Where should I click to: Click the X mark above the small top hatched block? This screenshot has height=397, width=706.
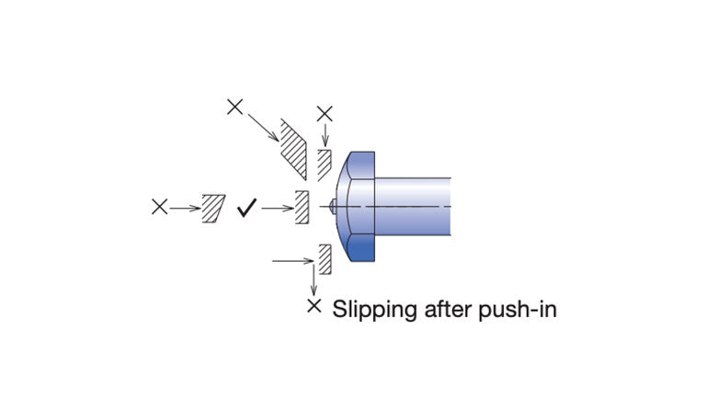click(x=325, y=113)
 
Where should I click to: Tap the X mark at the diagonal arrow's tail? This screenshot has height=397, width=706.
click(x=234, y=107)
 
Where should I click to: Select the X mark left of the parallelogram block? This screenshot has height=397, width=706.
click(x=159, y=208)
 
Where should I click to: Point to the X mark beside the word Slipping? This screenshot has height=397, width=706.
click(x=314, y=306)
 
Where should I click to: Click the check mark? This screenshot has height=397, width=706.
click(x=245, y=208)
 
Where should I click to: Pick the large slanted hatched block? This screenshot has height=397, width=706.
click(x=293, y=148)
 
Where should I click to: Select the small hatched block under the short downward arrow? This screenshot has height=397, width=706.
click(x=324, y=164)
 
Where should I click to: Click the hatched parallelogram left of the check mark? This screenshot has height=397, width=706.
click(x=213, y=208)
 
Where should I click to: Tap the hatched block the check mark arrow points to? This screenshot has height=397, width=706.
click(x=300, y=207)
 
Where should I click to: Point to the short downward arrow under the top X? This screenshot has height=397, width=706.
click(x=325, y=135)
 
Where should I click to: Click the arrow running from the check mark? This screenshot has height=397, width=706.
click(x=277, y=208)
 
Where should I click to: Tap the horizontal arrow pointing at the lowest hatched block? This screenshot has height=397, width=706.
click(x=294, y=262)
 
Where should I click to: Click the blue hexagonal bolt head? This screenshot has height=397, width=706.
click(x=359, y=207)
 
